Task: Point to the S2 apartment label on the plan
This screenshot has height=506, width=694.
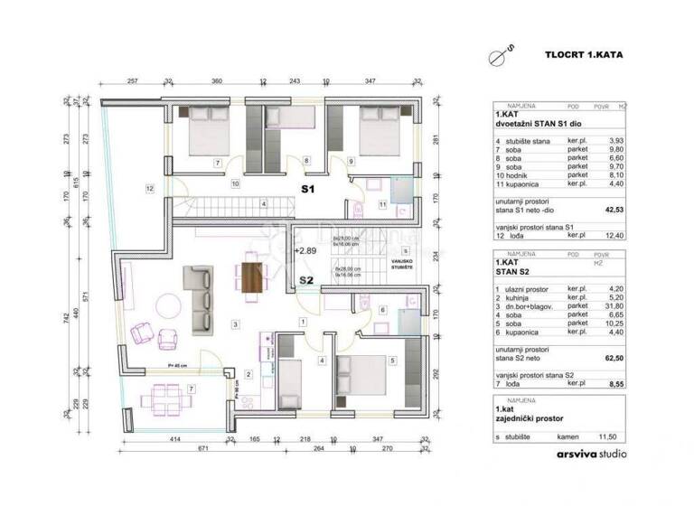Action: [306, 280]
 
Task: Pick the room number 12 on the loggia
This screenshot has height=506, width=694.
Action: [149, 188]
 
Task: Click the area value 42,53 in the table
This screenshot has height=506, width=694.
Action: [614, 213]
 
